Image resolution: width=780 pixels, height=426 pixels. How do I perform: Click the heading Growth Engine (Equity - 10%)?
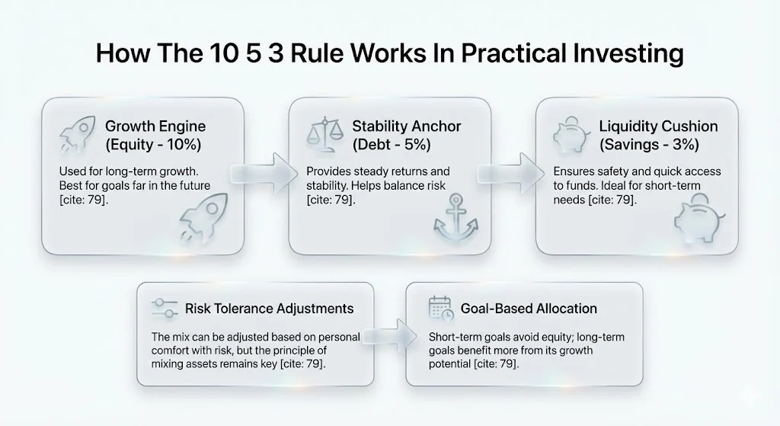point(155,135)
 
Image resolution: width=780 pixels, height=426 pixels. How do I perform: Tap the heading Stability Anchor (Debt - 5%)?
point(406,135)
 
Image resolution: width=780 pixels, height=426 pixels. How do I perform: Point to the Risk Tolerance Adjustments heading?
point(269,309)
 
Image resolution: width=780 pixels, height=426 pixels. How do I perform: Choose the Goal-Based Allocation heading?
point(529,309)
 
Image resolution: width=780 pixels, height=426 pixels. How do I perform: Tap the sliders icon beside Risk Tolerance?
point(164,309)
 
